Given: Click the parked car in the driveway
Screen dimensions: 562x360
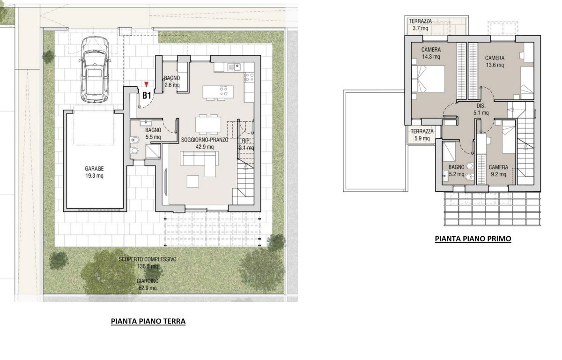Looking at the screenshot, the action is coord(95,69).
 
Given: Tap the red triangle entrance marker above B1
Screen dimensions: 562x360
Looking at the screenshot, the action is coord(146,84).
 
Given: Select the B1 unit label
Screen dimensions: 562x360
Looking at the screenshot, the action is coord(147,96).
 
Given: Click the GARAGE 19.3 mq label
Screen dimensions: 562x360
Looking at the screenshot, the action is coord(94,172).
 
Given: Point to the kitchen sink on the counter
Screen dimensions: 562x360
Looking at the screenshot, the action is coord(234,67).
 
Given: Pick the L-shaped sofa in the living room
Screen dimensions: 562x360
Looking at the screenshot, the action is coord(199,164).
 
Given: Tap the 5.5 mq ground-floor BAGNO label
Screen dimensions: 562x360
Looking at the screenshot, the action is coord(153,134).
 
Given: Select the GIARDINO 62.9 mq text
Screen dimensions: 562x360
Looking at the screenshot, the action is coord(148,285).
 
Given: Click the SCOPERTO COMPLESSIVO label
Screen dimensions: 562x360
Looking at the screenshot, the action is coord(148,259).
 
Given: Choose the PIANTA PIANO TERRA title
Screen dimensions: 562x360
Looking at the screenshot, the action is coord(148,321).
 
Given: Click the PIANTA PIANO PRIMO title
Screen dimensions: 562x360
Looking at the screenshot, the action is coord(473,239).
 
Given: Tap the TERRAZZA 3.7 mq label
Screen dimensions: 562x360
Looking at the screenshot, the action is coord(420,24).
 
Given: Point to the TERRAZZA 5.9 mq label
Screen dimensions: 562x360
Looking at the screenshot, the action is coord(422,135).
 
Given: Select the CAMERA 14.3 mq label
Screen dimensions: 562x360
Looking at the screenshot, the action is coord(431,53).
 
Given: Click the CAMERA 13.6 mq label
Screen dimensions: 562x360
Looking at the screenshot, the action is coord(495,61).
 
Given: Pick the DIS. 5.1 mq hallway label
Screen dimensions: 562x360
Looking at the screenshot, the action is coord(481,110).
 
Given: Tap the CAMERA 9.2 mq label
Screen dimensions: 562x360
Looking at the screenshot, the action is coord(498,171).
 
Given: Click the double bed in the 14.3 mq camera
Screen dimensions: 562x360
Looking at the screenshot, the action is coord(428,79).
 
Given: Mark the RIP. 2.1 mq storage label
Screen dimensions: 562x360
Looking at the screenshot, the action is coord(246,144).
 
